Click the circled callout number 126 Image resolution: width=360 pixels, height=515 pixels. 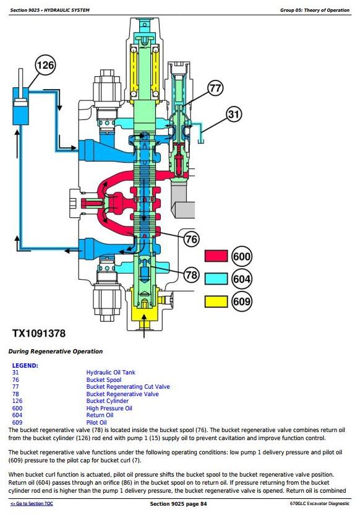pos(45,65)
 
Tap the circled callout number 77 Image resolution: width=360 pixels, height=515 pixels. pos(216,89)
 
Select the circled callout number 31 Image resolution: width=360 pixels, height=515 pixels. pos(234,114)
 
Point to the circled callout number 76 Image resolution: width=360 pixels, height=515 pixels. pos(191,239)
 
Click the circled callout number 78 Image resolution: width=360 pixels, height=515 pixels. pos(191,274)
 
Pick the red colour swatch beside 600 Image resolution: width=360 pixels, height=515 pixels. pos(216,256)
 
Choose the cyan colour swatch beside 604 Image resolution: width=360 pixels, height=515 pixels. pos(216,279)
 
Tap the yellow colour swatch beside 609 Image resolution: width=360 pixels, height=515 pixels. pos(216,301)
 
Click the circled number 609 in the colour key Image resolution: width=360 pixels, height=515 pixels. pos(242,301)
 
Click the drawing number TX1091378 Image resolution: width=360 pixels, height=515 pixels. pos(39,334)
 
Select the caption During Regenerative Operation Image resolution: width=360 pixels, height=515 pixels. pos(56,352)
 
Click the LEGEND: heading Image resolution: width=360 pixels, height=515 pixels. pos(25,366)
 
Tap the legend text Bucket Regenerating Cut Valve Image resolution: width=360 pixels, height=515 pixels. pos(128,387)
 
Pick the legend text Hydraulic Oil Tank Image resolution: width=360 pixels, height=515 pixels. pos(111,373)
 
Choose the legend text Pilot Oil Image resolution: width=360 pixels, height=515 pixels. pos(96,422)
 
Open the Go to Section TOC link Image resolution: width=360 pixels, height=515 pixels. pos(32,503)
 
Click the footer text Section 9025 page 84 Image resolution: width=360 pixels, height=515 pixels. pos(178,504)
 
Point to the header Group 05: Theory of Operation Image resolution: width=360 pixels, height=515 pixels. pos(315,10)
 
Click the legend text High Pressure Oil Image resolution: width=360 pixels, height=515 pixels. pos(109,409)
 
